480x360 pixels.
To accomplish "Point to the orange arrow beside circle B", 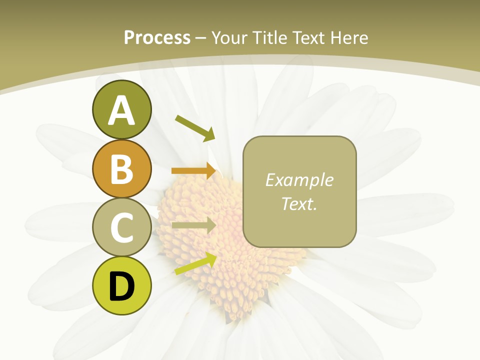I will (x=194, y=170).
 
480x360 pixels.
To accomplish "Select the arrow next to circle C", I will (x=194, y=225).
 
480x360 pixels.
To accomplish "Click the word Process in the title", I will (x=157, y=37).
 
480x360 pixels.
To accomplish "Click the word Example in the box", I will (x=299, y=180).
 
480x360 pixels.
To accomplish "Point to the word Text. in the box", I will (x=299, y=203).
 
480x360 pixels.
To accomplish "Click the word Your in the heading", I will (x=228, y=37).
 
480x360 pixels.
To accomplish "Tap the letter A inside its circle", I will (x=121, y=110).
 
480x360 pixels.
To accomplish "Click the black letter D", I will (x=121, y=286).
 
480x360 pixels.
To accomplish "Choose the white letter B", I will (x=121, y=169).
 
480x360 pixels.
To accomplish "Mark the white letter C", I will (x=121, y=227).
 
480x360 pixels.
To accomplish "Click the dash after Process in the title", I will (x=201, y=38).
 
